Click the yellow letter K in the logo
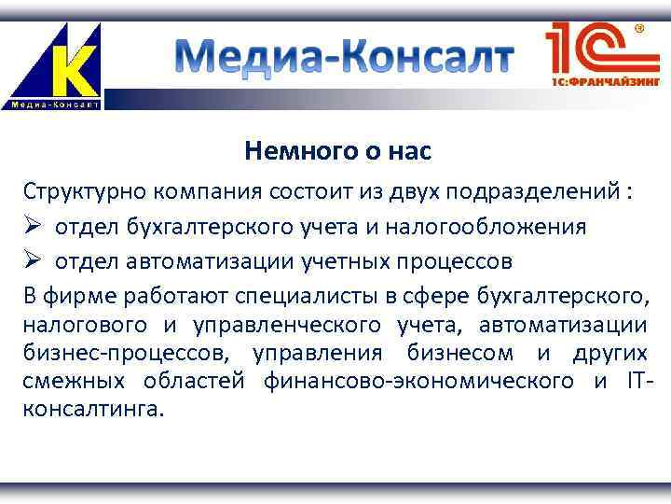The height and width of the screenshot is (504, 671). [73, 64]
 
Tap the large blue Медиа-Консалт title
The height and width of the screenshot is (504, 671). [345, 58]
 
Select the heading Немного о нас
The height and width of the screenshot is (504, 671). [338, 149]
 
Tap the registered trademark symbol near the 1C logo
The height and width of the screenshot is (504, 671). [639, 29]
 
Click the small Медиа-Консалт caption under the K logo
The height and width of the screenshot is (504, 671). [55, 103]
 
